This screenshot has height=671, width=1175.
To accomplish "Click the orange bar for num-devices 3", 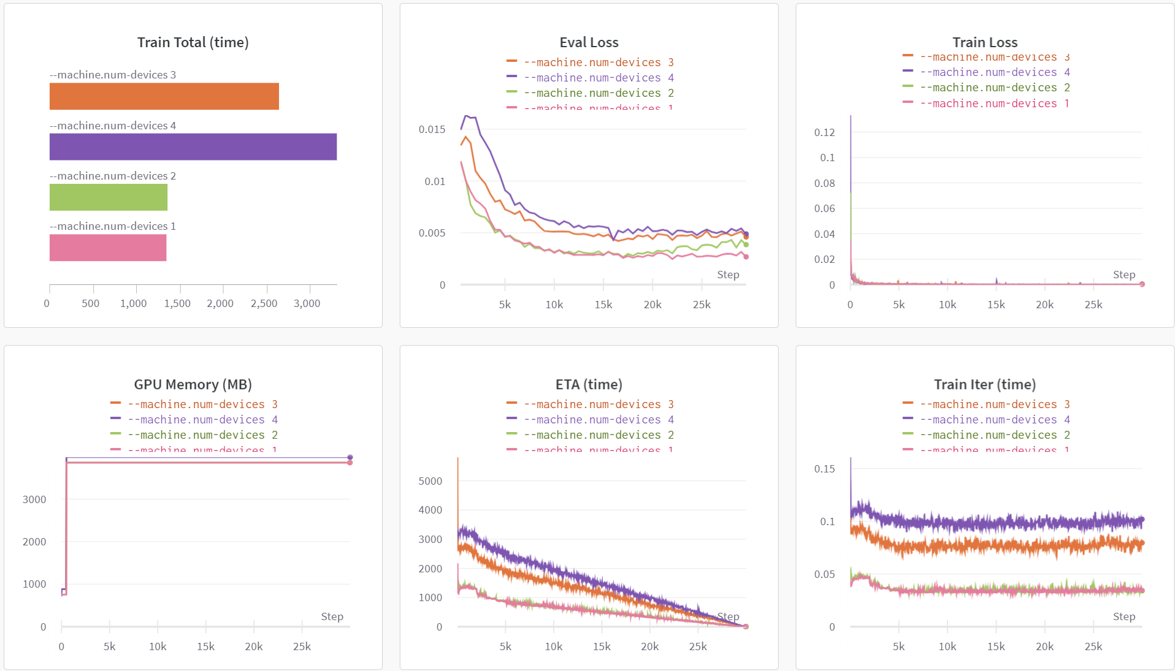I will click(164, 96).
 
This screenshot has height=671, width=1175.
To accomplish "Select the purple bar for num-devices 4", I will click(193, 147).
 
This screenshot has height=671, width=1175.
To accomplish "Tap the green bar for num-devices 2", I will click(108, 197).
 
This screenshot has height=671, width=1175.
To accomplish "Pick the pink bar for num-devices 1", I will click(107, 248).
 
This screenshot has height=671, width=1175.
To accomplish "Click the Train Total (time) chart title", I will click(193, 42).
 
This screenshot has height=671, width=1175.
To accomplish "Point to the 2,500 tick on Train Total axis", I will click(264, 303).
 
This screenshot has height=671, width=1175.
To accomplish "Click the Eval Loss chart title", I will click(589, 42).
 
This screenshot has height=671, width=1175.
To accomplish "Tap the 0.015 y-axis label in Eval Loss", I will click(432, 129).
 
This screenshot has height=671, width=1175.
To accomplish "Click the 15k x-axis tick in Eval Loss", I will click(603, 305).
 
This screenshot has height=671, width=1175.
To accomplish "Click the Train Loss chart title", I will click(984, 42).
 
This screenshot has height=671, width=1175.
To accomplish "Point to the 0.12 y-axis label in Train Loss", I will click(824, 132).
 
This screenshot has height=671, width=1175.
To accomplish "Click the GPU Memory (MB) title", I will click(193, 384).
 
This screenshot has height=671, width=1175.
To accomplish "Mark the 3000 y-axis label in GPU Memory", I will click(34, 499).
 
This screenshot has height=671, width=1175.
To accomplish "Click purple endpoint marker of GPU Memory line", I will click(350, 457).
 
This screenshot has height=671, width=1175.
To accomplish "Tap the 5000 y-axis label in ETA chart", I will click(430, 481).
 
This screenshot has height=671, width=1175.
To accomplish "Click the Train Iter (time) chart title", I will click(984, 384).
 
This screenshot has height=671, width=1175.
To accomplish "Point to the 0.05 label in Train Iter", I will click(824, 574).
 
